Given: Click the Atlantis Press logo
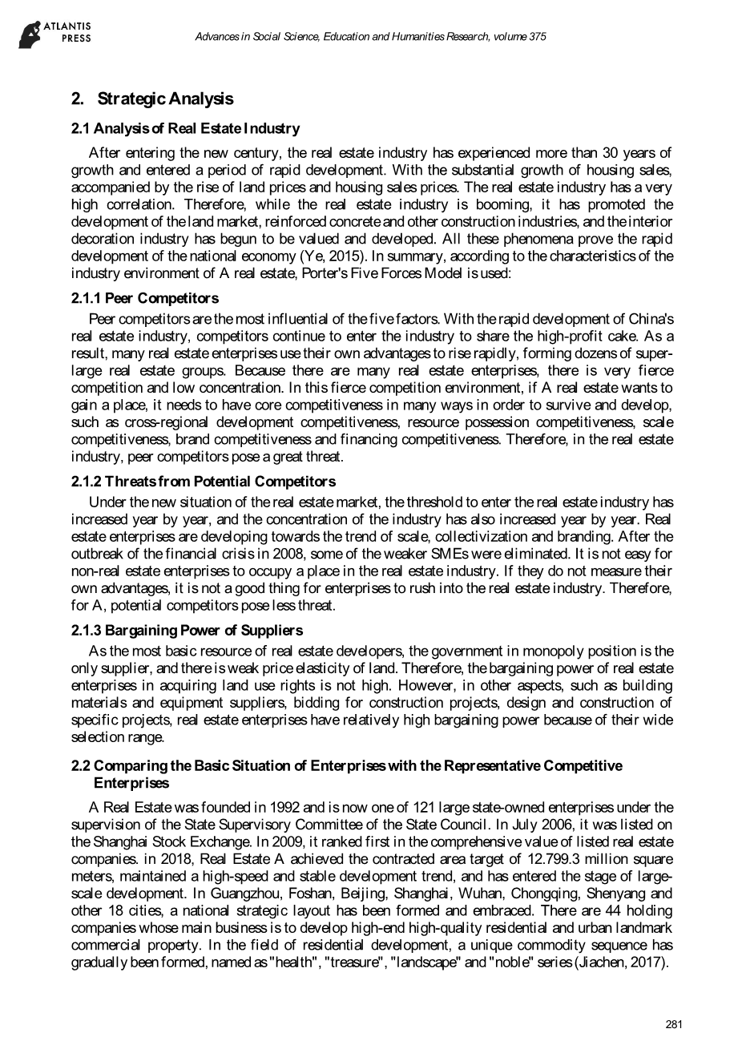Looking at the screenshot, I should coord(55,34).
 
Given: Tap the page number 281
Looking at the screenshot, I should coord(673,1023).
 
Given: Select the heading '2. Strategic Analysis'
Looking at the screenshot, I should coord(152,99).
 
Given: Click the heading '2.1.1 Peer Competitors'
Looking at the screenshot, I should coord(144,298).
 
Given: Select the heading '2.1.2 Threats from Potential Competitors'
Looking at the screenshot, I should coord(204,482).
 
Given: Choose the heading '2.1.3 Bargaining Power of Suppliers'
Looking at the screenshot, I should coord(188,630).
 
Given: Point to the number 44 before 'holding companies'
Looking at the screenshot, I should coord(611,910).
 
